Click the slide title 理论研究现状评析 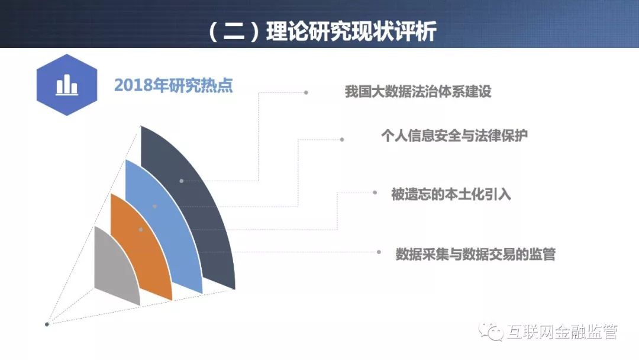click(x=351, y=31)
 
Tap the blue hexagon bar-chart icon click(x=67, y=85)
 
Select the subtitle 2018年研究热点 click(x=173, y=85)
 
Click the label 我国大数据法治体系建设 click(x=418, y=91)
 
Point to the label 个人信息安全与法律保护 click(x=454, y=136)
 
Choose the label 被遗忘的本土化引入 click(x=451, y=194)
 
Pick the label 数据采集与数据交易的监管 click(x=476, y=254)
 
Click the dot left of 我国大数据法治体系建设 click(x=306, y=92)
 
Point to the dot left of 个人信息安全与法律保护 click(x=342, y=139)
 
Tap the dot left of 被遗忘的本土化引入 click(x=375, y=192)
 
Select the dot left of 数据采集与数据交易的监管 click(x=379, y=252)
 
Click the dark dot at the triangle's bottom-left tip click(x=47, y=324)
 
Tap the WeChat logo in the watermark click(x=491, y=332)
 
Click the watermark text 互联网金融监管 click(x=563, y=332)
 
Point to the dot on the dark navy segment click(x=182, y=181)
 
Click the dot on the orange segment click(x=141, y=230)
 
